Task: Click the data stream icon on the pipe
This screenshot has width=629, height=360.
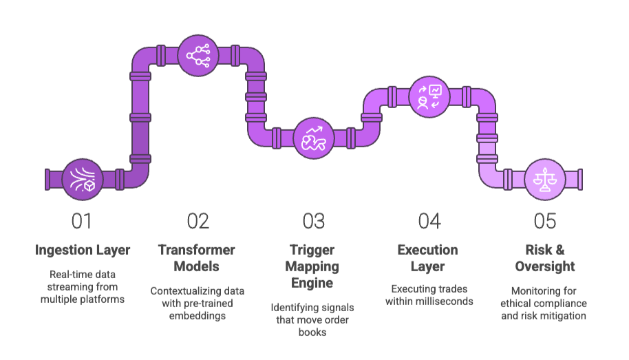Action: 83,179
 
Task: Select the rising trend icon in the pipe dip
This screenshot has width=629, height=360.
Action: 314,138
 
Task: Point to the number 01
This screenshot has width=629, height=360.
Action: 82,221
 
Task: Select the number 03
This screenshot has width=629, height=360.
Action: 314,221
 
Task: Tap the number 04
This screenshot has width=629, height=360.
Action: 429,221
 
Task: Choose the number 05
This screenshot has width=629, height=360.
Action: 544,221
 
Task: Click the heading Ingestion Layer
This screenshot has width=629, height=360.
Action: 83,250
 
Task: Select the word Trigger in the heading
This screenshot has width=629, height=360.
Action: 314,250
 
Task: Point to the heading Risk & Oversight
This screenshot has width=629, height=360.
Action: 544,258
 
